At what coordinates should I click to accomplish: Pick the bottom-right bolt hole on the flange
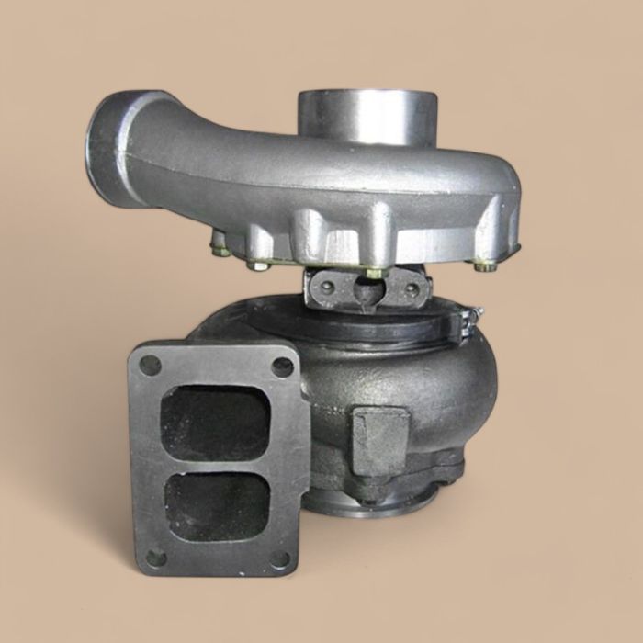tap(281, 558)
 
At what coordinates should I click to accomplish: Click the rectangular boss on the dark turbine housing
tap(380, 440)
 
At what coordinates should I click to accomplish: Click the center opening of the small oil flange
tap(366, 292)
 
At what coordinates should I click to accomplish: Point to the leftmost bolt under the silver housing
tap(218, 248)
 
